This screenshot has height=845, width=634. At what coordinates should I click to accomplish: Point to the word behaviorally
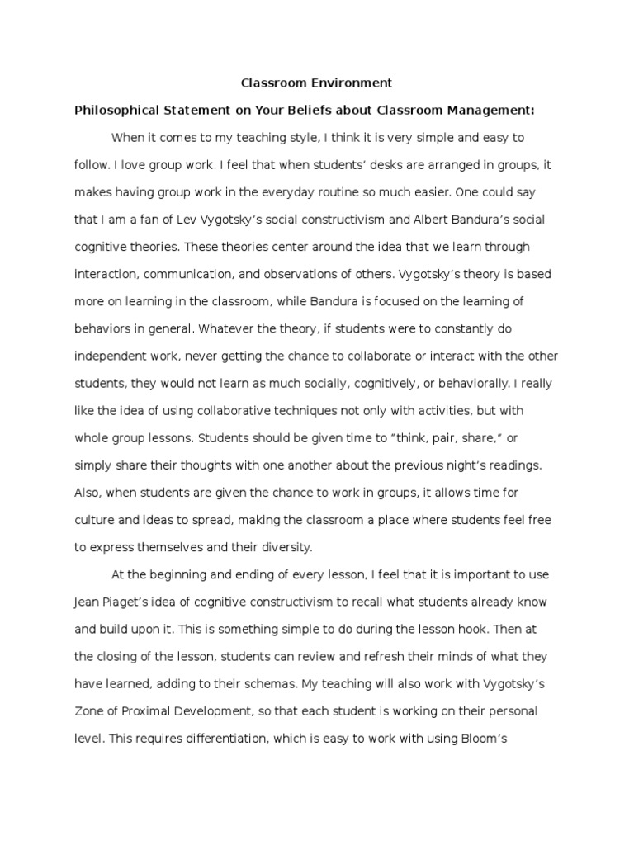[x=465, y=383]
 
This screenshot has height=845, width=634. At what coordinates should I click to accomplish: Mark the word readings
[x=513, y=465]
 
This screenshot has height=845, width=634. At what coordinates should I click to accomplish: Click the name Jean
[x=88, y=602]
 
